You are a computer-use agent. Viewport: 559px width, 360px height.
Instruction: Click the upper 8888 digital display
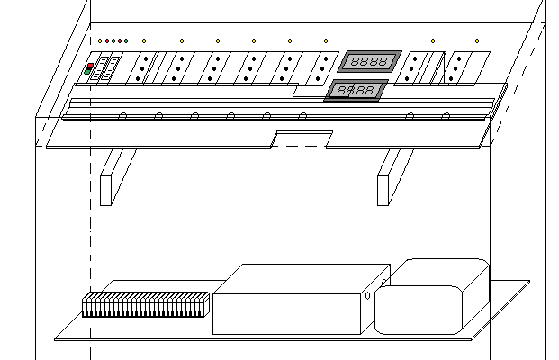coord(368,61)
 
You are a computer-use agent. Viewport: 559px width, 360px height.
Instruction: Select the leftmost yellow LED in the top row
coord(100,41)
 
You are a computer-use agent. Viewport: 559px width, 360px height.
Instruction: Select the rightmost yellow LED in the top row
coord(477,41)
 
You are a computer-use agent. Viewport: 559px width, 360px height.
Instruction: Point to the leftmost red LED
coord(106,41)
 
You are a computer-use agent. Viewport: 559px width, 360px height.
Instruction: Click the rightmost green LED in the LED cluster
coord(125,41)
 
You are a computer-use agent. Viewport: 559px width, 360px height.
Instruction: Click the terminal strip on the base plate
coord(146,304)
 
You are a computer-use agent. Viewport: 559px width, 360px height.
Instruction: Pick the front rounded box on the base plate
coord(419,310)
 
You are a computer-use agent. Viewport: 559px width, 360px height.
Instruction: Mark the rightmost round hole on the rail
coord(446,116)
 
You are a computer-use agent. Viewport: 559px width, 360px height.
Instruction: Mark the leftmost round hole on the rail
coord(122,116)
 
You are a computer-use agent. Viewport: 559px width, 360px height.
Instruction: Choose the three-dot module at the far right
coord(461,67)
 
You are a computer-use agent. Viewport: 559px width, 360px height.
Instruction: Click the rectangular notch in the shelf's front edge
coord(302,139)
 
